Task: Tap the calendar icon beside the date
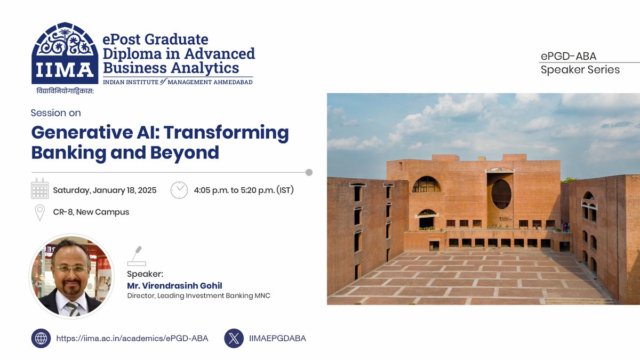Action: [x=40, y=190]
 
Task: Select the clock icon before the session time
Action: [x=179, y=190]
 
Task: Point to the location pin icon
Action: [x=39, y=212]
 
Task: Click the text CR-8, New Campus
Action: [x=91, y=212]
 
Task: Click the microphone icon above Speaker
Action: [x=136, y=256]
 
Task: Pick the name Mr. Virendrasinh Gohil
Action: [x=174, y=285]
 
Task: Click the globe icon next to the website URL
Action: [x=41, y=338]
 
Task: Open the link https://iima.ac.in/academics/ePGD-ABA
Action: [x=132, y=338]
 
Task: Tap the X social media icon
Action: [x=234, y=338]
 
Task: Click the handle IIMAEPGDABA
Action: [x=277, y=338]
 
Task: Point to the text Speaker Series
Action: [x=580, y=70]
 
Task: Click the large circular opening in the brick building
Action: [x=501, y=194]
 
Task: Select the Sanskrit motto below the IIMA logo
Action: [x=65, y=91]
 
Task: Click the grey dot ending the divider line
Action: [x=308, y=172]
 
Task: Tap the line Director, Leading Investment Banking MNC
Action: [x=198, y=295]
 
